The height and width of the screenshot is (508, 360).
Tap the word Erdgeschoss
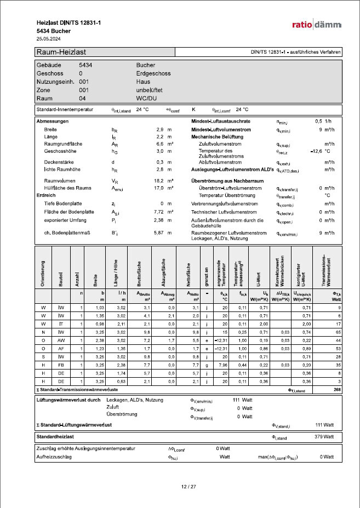click(153, 73)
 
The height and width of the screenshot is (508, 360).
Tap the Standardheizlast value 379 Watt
click(325, 437)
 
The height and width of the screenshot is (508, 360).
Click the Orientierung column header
click(43, 270)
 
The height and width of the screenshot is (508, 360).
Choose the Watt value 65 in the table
click(336, 332)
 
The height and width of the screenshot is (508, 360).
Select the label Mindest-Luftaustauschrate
click(221, 121)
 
